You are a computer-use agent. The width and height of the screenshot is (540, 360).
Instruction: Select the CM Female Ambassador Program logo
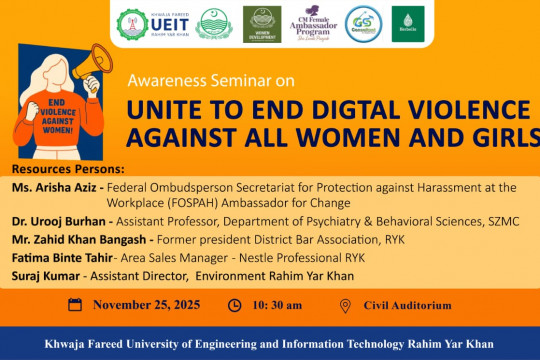pyautogui.click(x=309, y=23)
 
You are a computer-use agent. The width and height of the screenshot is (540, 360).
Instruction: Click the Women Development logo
pyautogui.click(x=261, y=23)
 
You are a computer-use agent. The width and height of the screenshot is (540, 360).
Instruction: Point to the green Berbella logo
pyautogui.click(x=407, y=23)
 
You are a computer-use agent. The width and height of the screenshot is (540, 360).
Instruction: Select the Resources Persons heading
pyautogui.click(x=62, y=170)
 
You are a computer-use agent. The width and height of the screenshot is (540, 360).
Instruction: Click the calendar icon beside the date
pyautogui.click(x=75, y=305)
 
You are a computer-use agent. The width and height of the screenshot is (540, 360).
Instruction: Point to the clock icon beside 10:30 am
pyautogui.click(x=235, y=305)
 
